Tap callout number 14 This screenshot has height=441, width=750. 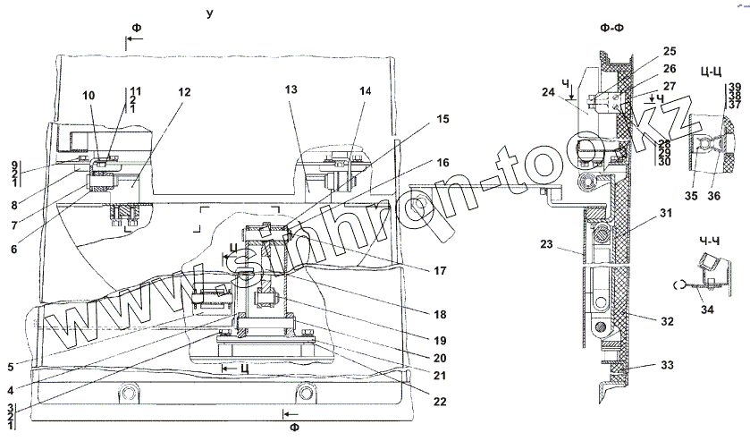365,92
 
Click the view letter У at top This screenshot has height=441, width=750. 207,14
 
